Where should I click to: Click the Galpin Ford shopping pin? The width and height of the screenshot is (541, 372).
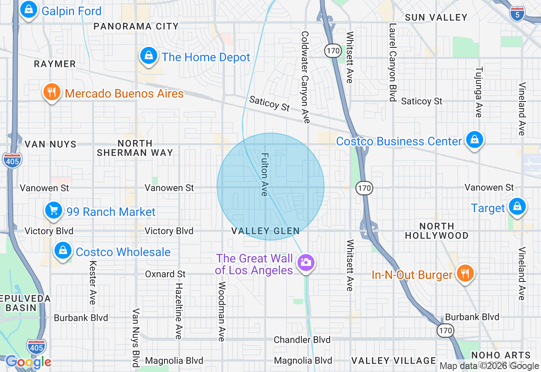(x=28, y=10)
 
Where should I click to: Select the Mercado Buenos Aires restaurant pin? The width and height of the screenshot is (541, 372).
(x=52, y=92)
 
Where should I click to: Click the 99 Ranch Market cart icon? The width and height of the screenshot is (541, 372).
(x=54, y=211)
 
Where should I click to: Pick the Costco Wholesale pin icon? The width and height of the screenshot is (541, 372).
(x=63, y=251)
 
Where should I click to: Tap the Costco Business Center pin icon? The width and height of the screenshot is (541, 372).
(x=474, y=140)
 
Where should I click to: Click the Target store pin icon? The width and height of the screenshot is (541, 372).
(x=516, y=207)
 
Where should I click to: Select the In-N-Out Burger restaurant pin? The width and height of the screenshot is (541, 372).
(x=464, y=274)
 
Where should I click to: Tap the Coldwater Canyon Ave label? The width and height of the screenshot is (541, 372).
(x=305, y=77)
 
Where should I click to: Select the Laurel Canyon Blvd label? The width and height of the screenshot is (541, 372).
(x=393, y=62)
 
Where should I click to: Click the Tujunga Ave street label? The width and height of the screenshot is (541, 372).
(x=479, y=92)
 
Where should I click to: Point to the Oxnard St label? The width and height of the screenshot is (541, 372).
(x=165, y=274)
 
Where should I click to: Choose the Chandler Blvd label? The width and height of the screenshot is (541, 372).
(x=302, y=339)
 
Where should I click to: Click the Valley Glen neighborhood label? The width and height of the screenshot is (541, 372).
(x=265, y=231)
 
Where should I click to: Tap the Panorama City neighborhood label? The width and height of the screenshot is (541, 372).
(x=136, y=26)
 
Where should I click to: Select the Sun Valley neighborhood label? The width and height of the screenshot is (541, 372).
(x=436, y=17)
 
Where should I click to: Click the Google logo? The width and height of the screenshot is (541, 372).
(x=28, y=362)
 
